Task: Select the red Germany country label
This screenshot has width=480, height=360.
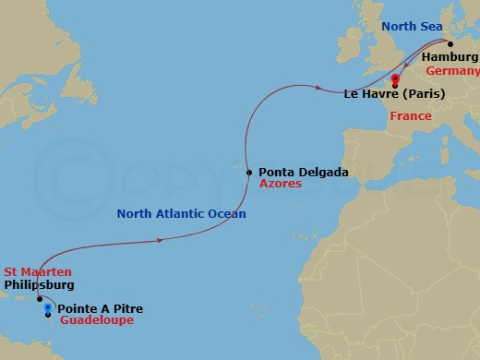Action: [453, 71]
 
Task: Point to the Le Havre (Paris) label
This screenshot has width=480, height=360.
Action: [394, 94]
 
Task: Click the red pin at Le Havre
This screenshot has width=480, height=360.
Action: [395, 79]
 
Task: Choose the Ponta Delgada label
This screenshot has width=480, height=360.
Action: [304, 172]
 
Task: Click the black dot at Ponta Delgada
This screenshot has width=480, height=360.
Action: [249, 172]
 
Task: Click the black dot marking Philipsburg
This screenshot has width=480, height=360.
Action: [40, 299]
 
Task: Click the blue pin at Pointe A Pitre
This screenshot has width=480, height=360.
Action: [48, 308]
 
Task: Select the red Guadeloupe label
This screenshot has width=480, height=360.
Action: [97, 321]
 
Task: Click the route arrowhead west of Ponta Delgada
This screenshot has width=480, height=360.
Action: [162, 241]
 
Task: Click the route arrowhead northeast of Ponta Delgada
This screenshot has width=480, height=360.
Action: [319, 89]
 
